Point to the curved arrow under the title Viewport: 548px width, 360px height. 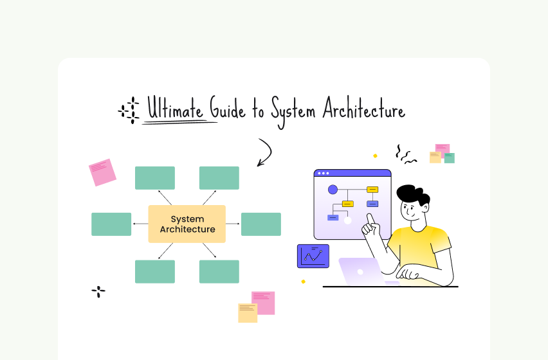265,152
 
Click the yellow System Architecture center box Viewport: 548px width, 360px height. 187,224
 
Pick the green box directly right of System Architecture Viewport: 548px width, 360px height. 260,224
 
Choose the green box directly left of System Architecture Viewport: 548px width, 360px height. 111,224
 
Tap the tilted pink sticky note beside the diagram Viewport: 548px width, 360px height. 102,172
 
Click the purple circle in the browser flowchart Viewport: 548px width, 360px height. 333,190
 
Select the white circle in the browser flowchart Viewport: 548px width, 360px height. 347,220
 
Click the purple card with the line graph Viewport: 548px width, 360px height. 313,256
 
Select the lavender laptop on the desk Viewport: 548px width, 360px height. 360,271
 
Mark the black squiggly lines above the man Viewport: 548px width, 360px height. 405,153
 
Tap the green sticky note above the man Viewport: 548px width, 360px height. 449,158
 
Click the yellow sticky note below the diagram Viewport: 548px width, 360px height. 248,312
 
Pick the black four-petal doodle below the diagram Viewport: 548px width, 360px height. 98,292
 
